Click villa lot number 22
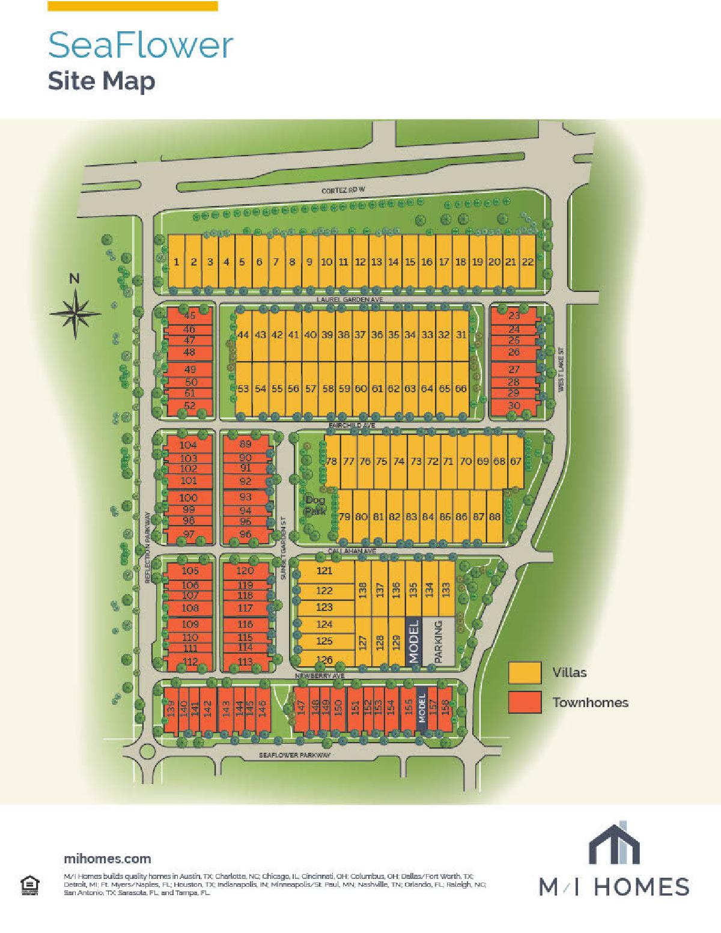coord(527,262)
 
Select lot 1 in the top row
coord(177,262)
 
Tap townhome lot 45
coord(190,316)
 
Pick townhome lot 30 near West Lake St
coord(514,406)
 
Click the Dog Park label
coord(315,505)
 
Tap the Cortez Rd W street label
coord(343,190)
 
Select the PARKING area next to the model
coord(438,642)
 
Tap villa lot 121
coord(324,571)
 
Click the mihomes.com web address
coord(107,859)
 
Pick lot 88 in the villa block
coord(494,517)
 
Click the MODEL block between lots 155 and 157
coord(421,709)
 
